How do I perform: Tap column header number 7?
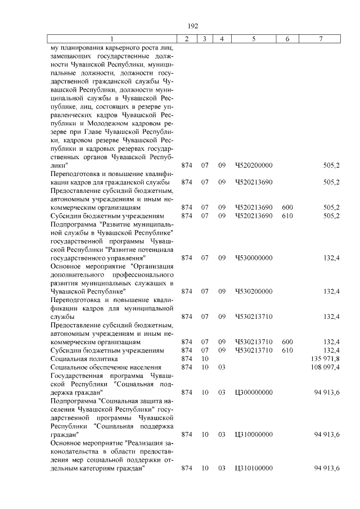point(320,39)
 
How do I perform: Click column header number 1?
point(111,39)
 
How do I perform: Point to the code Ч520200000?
point(254,166)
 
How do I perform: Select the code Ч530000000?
point(254,258)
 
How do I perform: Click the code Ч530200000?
point(254,291)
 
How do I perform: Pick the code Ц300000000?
point(254,392)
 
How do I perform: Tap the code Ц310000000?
point(254,434)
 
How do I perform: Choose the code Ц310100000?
point(254,468)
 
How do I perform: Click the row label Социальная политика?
point(84,359)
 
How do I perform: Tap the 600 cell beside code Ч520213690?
point(287,208)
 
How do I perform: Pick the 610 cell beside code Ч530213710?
point(287,350)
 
